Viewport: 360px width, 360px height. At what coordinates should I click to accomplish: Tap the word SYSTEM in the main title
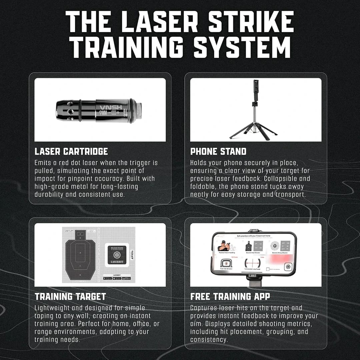tap(242, 48)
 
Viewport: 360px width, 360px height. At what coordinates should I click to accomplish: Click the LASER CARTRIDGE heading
tap(71, 151)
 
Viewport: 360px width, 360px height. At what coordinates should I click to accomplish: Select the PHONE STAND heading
tap(218, 151)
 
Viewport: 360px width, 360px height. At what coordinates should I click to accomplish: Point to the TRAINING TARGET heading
tap(70, 296)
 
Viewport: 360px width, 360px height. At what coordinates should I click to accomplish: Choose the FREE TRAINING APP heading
tap(230, 296)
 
